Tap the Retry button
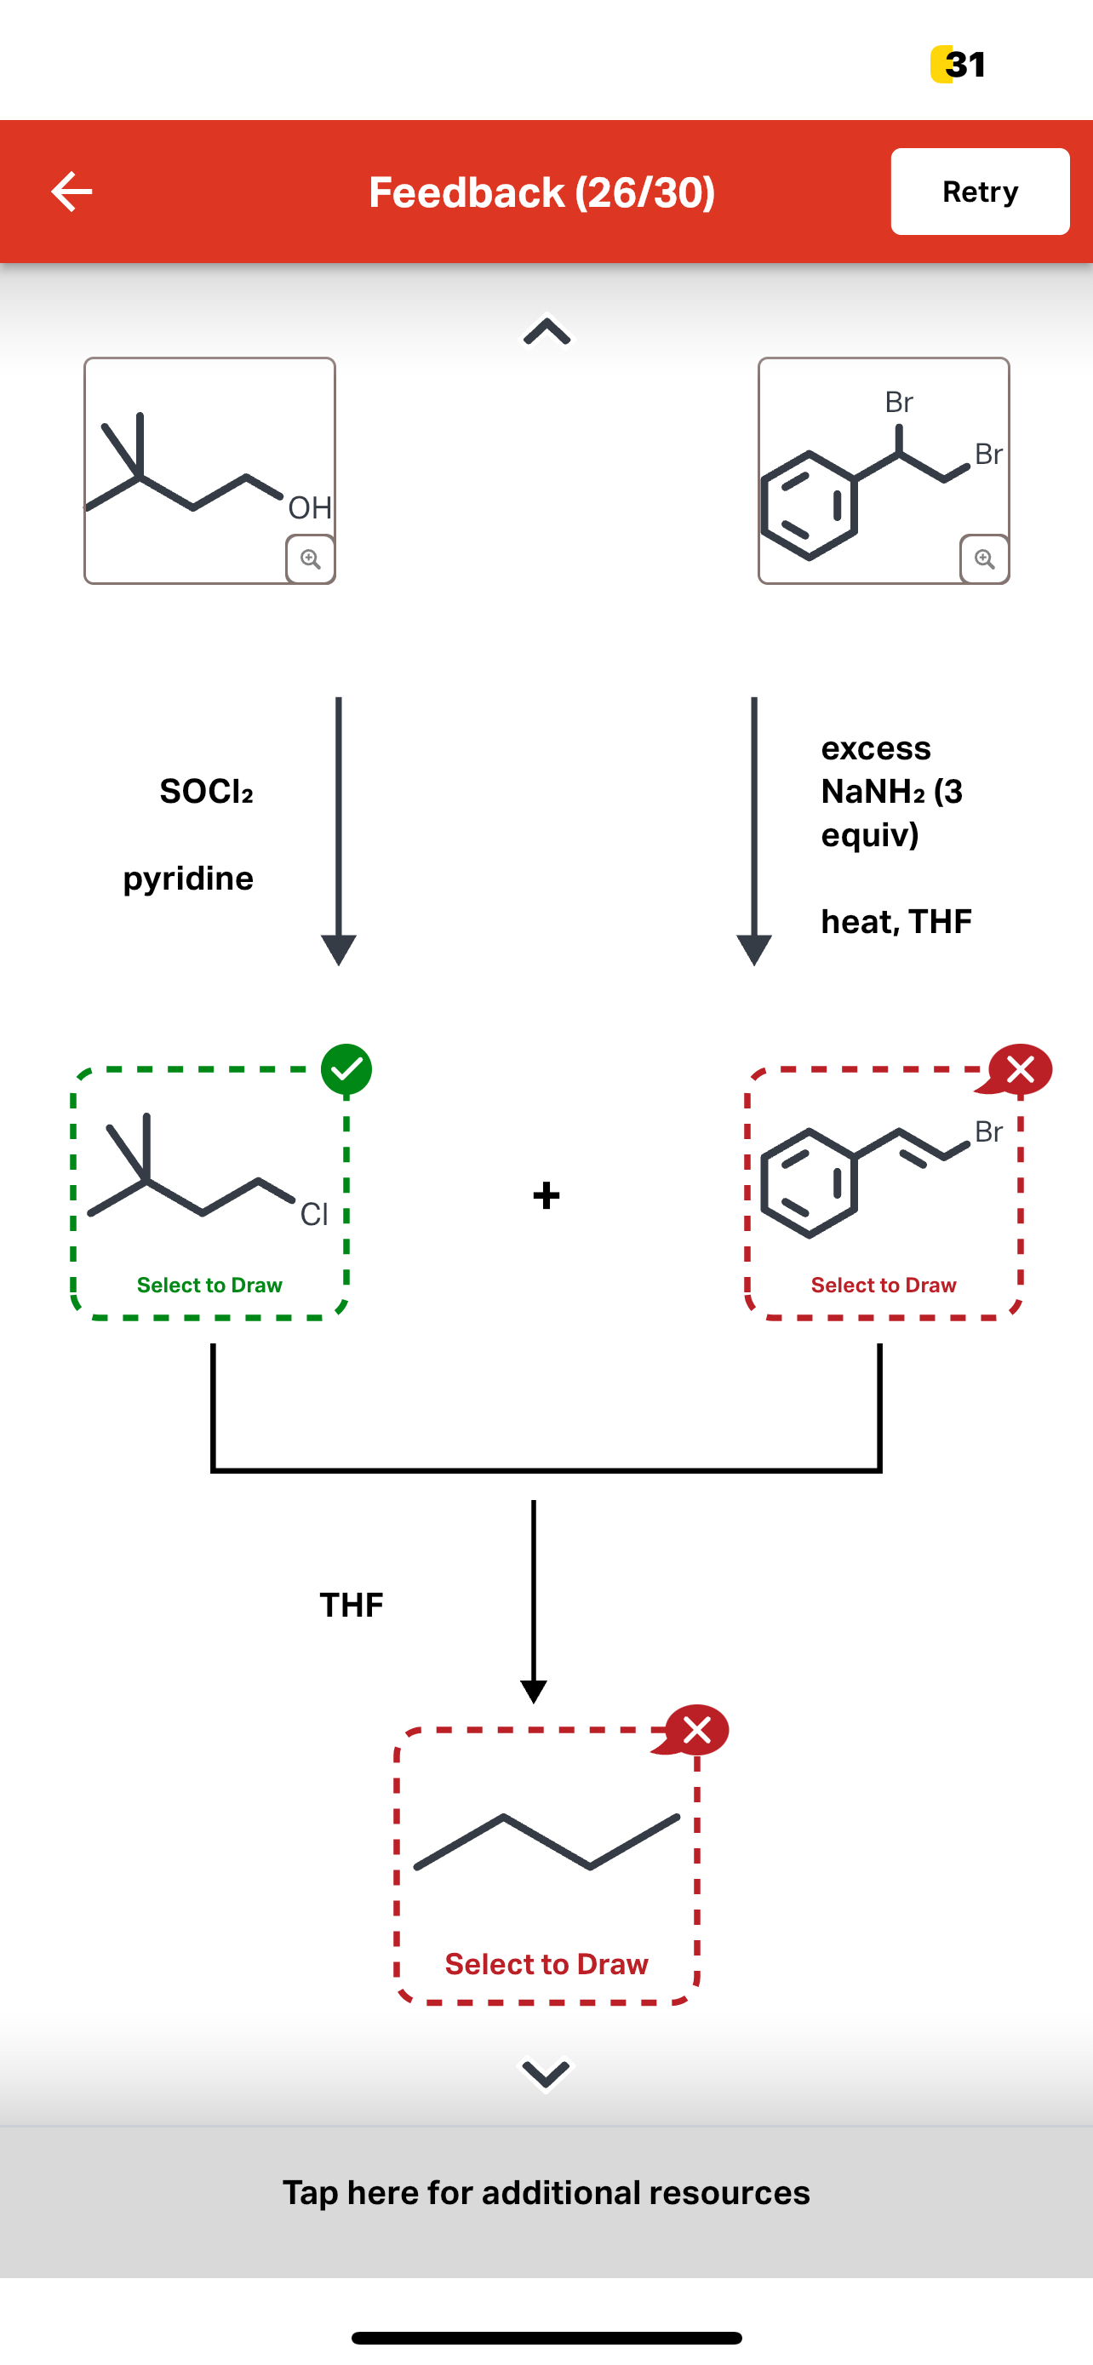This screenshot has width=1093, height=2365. click(979, 192)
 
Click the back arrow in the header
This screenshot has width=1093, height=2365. click(72, 192)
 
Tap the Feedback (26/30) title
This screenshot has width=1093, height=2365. click(541, 192)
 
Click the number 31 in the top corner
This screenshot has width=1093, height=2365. click(964, 64)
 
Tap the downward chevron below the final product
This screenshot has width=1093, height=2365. click(546, 2073)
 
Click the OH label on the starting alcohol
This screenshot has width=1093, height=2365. click(309, 507)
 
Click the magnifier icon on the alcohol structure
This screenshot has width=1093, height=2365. click(310, 559)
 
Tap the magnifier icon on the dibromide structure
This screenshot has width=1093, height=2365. click(984, 559)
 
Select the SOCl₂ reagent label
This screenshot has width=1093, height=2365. click(207, 792)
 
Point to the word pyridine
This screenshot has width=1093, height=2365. click(188, 879)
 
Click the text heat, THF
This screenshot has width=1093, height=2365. click(896, 921)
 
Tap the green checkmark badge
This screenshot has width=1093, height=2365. click(346, 1069)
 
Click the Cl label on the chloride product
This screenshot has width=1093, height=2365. click(314, 1214)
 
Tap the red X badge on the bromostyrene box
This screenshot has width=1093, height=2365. click(1020, 1069)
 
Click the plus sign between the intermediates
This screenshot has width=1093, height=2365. click(546, 1195)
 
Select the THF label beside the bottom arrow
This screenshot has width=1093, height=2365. click(352, 1605)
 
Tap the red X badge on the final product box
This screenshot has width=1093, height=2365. click(696, 1731)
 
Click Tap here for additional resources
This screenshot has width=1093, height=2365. click(546, 2192)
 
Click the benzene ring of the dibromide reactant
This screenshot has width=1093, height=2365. click(809, 506)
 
